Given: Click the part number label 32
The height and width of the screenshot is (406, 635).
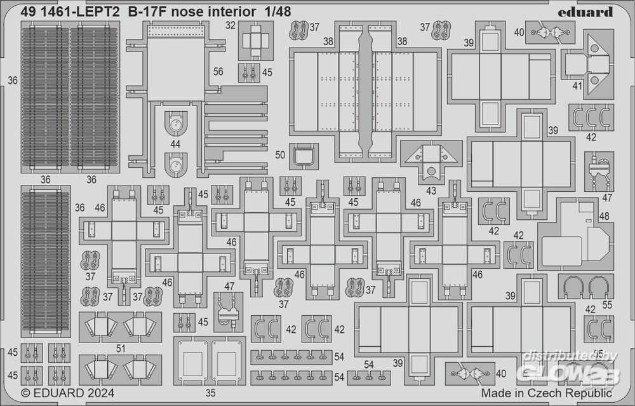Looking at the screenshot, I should (x=231, y=26).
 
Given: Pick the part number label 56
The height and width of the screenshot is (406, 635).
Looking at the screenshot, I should (x=218, y=72).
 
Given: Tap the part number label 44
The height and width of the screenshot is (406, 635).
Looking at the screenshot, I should (x=175, y=144).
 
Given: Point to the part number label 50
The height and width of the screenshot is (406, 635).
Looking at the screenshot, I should (x=280, y=155).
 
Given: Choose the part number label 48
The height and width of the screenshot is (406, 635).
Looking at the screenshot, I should (x=603, y=216).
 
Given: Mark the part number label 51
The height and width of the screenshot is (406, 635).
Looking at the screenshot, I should (x=121, y=348).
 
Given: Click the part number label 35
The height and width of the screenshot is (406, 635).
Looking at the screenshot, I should (x=211, y=393).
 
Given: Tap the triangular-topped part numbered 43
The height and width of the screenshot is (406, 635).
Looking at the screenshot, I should (x=431, y=160).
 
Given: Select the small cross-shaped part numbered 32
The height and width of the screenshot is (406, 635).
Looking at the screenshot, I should (x=255, y=40).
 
